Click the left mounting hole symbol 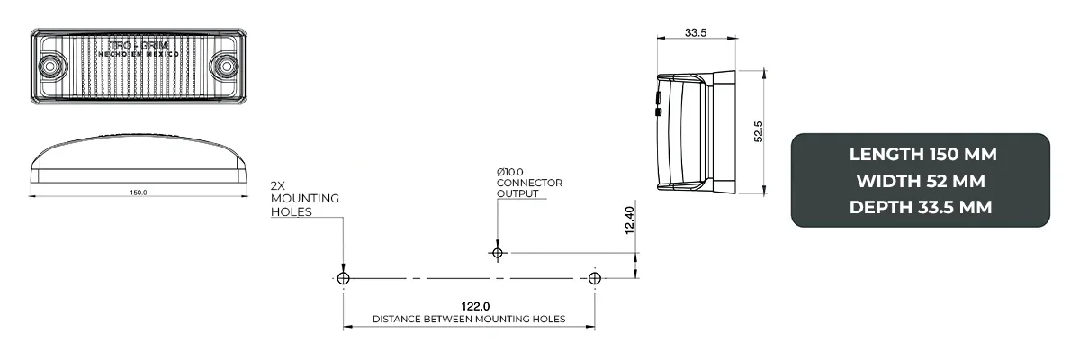click(343, 278)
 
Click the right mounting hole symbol click(594, 278)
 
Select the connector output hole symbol click(496, 253)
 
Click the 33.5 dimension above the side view click(695, 32)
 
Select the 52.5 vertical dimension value click(759, 131)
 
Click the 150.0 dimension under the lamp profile click(139, 193)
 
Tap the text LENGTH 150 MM click(922, 154)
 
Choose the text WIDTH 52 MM click(922, 181)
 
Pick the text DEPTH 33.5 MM click(922, 207)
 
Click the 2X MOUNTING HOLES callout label click(304, 198)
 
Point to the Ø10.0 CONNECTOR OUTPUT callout click(529, 183)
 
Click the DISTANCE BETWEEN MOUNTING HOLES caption click(468, 319)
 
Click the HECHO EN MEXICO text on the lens click(139, 56)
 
